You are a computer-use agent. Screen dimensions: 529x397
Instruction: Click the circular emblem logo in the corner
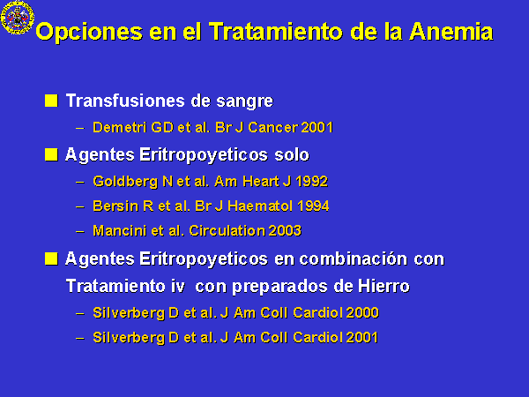click(18, 17)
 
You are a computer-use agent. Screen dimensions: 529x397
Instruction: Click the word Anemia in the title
click(451, 32)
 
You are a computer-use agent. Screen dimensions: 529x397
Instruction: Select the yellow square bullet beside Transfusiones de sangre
click(51, 101)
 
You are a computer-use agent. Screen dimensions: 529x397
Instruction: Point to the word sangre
click(244, 101)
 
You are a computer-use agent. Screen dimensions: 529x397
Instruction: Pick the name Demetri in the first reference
click(119, 128)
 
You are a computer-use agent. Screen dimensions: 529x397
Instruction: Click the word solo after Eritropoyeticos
click(292, 155)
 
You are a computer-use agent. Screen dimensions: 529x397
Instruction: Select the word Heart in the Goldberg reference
click(261, 182)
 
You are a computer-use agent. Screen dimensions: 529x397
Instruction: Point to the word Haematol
click(260, 206)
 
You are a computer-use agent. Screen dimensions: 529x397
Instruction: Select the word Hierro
click(384, 286)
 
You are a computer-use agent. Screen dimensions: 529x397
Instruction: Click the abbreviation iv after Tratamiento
click(177, 286)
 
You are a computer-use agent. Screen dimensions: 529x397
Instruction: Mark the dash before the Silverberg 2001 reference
click(80, 338)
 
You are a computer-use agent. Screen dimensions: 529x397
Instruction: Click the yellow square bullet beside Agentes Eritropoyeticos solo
click(51, 154)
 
